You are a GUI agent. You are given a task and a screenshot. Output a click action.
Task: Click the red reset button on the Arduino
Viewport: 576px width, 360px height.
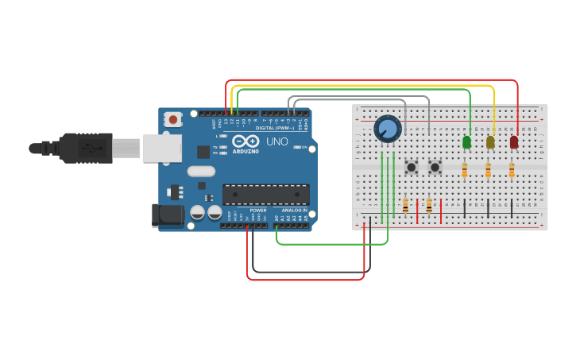tap(173, 119)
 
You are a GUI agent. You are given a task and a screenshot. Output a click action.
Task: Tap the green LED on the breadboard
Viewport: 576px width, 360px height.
tap(466, 142)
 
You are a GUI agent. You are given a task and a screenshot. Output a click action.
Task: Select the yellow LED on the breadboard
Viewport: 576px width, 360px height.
tap(490, 142)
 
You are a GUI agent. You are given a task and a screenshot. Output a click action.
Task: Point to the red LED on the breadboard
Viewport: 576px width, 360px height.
tap(514, 142)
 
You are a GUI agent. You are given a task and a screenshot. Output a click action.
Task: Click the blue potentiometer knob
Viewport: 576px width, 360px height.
tap(388, 128)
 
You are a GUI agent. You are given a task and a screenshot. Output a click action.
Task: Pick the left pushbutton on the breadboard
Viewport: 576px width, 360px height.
tap(412, 167)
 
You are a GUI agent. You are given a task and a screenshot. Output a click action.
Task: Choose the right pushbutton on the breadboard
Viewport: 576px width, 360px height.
tap(435, 167)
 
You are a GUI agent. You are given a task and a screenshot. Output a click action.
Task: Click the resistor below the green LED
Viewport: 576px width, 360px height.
tap(465, 170)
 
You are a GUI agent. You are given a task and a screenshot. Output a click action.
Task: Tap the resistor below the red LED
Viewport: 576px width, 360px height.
tap(512, 170)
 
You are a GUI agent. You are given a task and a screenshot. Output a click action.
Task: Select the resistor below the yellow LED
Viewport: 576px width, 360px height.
tap(488, 170)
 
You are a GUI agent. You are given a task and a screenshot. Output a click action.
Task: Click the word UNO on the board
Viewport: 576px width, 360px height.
tap(276, 141)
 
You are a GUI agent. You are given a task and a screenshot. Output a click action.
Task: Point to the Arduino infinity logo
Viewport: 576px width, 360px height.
tap(245, 141)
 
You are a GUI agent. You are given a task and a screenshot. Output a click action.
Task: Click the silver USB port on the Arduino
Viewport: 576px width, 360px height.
tap(162, 148)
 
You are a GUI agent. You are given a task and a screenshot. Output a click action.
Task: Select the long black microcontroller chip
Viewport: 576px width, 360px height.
tap(266, 194)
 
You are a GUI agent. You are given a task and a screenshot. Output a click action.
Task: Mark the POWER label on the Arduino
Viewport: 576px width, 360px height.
tap(258, 211)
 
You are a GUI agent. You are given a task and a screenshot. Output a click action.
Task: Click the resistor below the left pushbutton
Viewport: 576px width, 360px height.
tap(405, 205)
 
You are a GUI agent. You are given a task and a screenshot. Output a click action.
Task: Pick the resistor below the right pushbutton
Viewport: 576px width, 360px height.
tap(429, 205)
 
